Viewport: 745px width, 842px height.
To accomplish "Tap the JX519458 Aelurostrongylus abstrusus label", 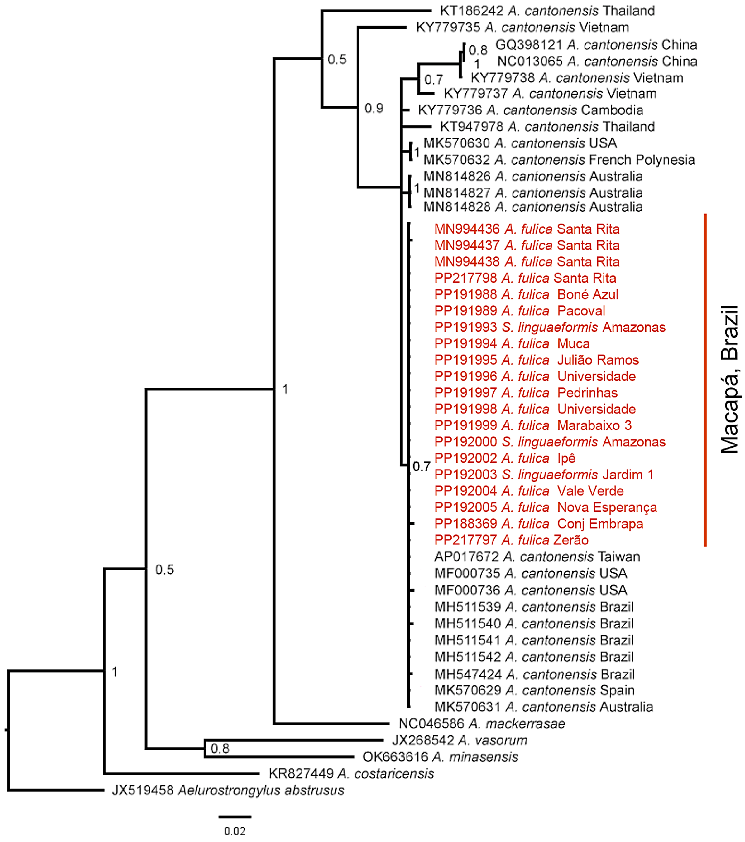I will [228, 790].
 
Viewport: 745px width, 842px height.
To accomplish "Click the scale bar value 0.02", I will [235, 831].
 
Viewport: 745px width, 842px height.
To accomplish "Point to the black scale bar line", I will [235, 816].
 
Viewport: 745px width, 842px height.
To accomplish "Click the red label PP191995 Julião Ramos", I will [536, 360].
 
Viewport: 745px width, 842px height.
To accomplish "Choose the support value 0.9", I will [374, 108].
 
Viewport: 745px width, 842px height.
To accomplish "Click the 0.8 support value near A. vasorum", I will [220, 749].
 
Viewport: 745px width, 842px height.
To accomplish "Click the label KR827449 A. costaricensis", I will [351, 774].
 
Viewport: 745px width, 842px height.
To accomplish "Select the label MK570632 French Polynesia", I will [559, 160].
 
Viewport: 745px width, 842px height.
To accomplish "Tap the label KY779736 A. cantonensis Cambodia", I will [530, 110].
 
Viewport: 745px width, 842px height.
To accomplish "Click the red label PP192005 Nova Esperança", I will [545, 508].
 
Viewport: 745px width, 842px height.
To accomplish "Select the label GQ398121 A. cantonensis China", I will [596, 45].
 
